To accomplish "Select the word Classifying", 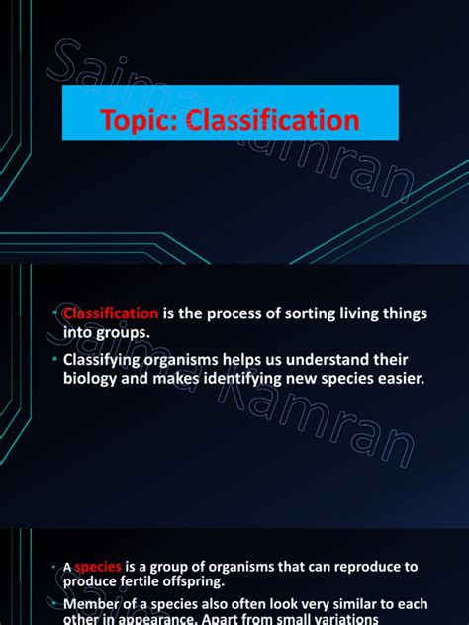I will click(104, 358).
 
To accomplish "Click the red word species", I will click(99, 567).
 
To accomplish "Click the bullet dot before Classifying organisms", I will click(55, 358).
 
